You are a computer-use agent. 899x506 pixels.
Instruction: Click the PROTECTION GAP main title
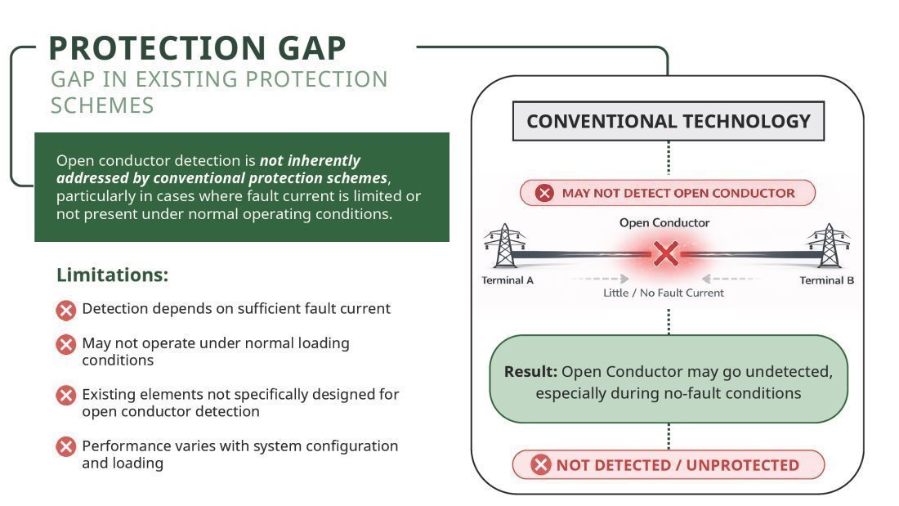[x=197, y=47]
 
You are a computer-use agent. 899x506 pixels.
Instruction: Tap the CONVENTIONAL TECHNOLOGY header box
[x=668, y=121]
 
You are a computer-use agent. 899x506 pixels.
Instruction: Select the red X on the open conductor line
[x=665, y=253]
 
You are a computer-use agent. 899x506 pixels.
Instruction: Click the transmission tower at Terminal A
[x=504, y=245]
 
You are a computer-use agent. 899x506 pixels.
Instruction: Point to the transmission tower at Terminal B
[x=829, y=245]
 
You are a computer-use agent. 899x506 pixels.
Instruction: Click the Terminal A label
[x=508, y=280]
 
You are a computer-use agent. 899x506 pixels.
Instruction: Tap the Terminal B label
[x=827, y=280]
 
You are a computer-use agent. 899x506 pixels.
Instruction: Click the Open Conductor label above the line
[x=664, y=222]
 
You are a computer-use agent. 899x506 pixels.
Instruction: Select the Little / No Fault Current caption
[x=664, y=293]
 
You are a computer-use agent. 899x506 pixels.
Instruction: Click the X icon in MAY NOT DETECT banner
[x=544, y=193]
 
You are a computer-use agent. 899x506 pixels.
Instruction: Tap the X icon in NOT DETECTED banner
[x=540, y=464]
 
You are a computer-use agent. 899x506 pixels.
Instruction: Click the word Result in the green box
[x=530, y=372]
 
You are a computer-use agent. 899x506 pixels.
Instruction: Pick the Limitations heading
[x=113, y=275]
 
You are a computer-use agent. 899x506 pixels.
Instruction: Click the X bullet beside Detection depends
[x=66, y=311]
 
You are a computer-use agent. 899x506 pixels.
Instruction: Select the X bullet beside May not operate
[x=66, y=345]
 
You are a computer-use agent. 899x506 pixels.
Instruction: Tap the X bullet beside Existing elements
[x=66, y=396]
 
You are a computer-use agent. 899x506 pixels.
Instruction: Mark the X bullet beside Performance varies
[x=66, y=446]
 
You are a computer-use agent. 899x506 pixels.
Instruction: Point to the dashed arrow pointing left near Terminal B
[x=730, y=279]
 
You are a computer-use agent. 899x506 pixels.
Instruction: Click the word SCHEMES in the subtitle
[x=102, y=105]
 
